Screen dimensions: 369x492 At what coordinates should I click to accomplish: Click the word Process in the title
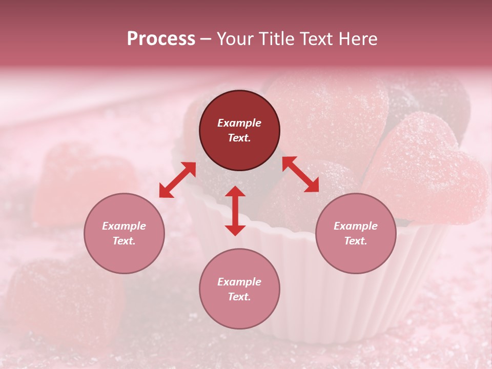pos(161,39)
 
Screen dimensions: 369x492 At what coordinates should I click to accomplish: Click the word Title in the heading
pos(277,39)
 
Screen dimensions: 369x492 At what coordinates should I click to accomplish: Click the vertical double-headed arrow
pos(235,211)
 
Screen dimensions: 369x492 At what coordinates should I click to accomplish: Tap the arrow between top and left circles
pos(177,180)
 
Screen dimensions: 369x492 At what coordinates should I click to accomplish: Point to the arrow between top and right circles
pos(300,174)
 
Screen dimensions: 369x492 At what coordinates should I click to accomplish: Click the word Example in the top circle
pos(239,123)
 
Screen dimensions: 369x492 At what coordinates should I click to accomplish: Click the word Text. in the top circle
pos(239,138)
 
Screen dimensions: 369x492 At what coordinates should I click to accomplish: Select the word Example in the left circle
pos(124,226)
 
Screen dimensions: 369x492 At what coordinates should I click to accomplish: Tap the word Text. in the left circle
pos(124,241)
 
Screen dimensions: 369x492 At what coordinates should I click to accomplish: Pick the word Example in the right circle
pos(356,226)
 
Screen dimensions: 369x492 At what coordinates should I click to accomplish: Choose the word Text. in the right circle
pos(356,241)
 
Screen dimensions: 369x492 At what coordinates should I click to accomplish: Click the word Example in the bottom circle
pos(239,282)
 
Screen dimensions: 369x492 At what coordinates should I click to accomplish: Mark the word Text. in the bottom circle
pos(239,297)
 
